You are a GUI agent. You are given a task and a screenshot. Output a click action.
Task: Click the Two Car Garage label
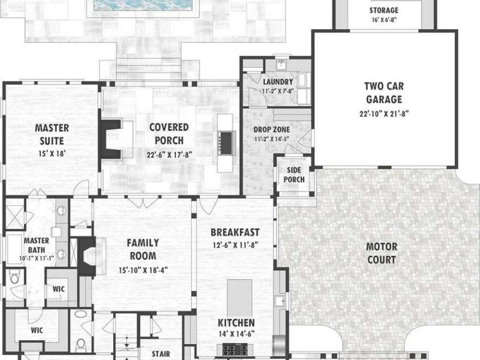pyautogui.click(x=384, y=93)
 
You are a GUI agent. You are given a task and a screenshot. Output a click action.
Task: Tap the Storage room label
pyautogui.click(x=384, y=10)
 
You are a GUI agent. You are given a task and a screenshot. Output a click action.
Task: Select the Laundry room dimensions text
pyautogui.click(x=278, y=91)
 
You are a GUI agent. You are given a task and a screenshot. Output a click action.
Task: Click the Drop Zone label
pyautogui.click(x=272, y=129)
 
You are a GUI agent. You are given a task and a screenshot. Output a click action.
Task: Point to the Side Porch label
pyautogui.click(x=294, y=175)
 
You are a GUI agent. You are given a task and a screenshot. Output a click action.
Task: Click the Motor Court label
pyautogui.click(x=381, y=253)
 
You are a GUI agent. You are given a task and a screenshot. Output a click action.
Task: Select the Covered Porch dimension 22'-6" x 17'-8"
pyautogui.click(x=169, y=155)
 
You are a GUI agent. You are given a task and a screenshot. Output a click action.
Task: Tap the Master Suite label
pyautogui.click(x=52, y=134)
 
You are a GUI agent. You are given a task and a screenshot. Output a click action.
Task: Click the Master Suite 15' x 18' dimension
pyautogui.click(x=52, y=153)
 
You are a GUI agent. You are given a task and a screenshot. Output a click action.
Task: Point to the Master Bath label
pyautogui.click(x=36, y=245)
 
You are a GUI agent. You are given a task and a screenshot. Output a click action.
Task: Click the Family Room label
pyautogui.click(x=143, y=249)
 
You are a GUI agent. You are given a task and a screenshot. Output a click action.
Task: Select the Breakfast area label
pyautogui.click(x=235, y=232)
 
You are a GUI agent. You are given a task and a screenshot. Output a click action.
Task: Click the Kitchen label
pyautogui.click(x=236, y=322)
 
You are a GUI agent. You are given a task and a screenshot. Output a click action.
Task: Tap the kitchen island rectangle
pyautogui.click(x=239, y=298)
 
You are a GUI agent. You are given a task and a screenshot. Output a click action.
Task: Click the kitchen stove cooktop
pyautogui.click(x=235, y=349)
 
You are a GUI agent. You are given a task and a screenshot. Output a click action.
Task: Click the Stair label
pyautogui.click(x=161, y=354)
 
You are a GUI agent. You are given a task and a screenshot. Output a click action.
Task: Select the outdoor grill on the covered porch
pyautogui.click(x=226, y=142)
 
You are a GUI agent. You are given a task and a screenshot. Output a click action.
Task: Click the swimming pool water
pyautogui.click(x=143, y=5)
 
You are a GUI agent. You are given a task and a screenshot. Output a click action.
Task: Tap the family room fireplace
pyautogui.click(x=87, y=256)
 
